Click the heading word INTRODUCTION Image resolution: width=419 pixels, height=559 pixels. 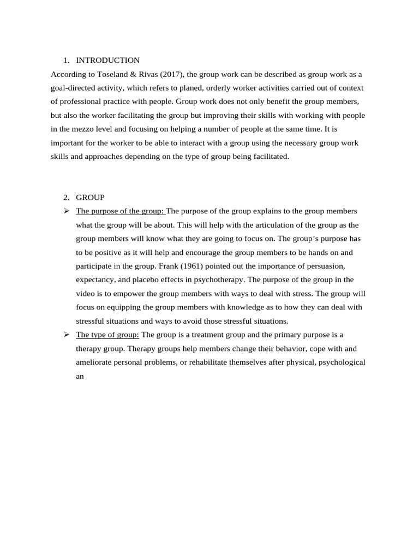point(107,61)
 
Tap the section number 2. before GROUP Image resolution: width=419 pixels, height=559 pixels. point(67,197)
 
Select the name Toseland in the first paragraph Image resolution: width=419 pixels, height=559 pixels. point(105,74)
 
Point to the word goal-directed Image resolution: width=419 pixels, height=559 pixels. point(73,88)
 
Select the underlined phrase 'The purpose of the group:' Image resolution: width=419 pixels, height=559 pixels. point(120,211)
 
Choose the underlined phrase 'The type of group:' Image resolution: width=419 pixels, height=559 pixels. point(107,335)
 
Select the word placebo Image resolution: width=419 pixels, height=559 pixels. point(144,279)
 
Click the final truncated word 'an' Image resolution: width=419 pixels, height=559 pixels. point(80,376)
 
